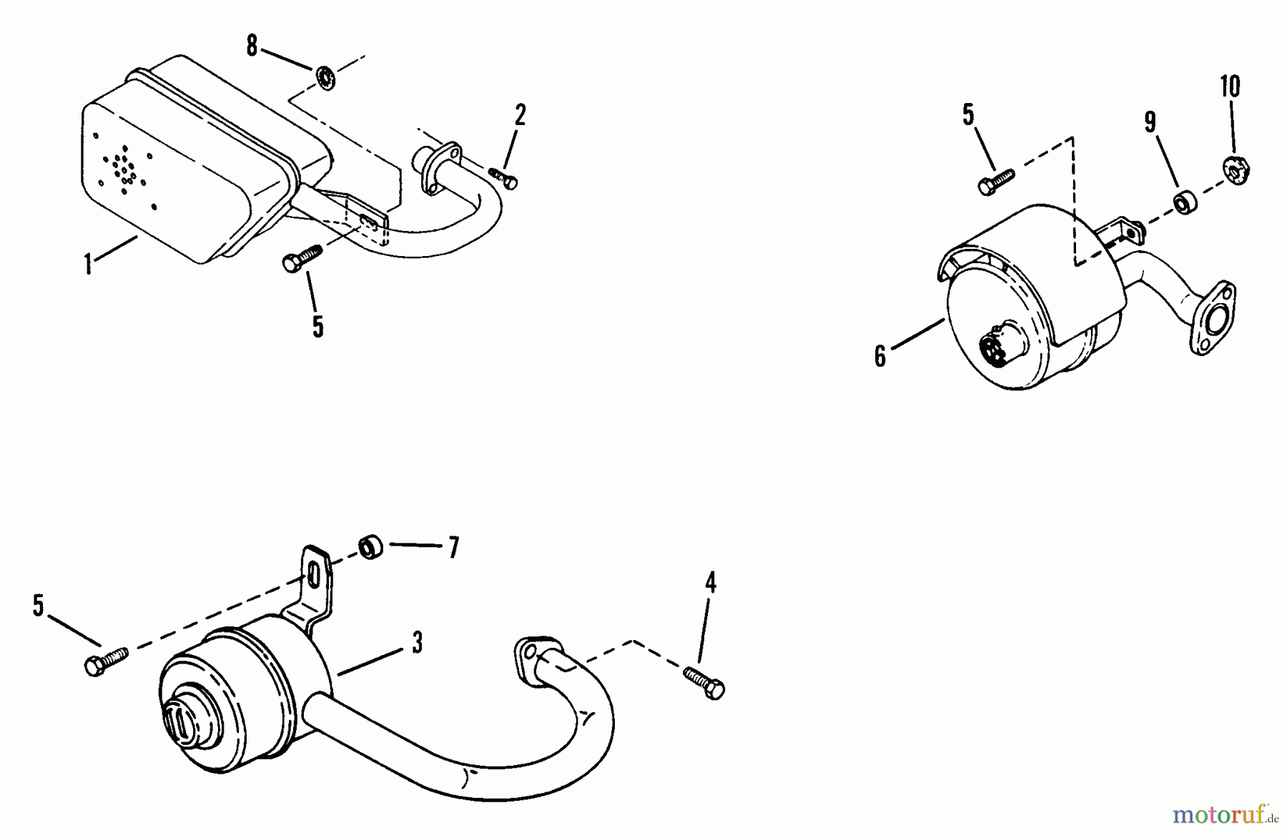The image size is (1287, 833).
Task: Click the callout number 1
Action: coord(88,265)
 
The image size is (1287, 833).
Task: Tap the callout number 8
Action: coord(251,46)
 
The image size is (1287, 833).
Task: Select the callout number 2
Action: coord(520,114)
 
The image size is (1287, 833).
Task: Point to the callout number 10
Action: coord(1230,87)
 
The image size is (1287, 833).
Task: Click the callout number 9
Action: coord(1150,122)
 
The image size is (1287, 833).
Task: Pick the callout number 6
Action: coord(880,355)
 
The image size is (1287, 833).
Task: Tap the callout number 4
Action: coord(710,583)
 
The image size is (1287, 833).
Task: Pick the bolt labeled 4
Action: coord(704,682)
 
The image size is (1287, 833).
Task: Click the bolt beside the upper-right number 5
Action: coord(995,180)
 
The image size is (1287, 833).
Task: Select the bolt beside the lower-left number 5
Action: coord(106,661)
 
